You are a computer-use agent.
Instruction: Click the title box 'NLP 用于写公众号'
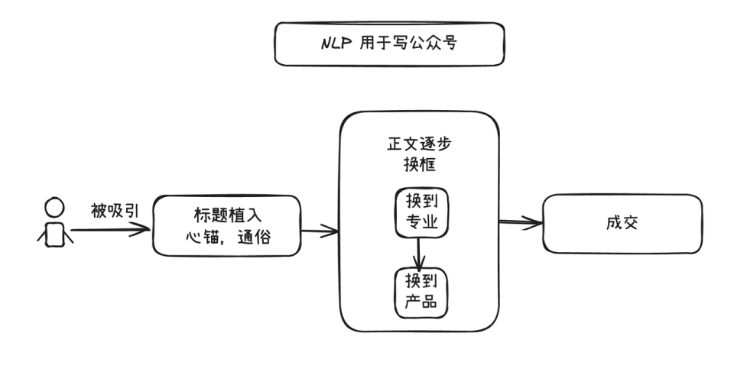click(x=389, y=44)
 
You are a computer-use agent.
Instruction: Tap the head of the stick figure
click(x=54, y=208)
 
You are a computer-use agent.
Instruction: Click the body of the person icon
click(x=54, y=235)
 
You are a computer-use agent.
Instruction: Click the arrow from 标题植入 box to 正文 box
click(x=321, y=228)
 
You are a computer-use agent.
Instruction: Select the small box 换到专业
click(x=421, y=212)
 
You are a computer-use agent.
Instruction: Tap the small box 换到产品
click(x=421, y=291)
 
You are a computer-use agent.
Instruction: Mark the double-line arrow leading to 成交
click(x=520, y=223)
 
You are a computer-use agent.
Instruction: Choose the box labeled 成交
click(x=622, y=224)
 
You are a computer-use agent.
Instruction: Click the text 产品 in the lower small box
click(x=421, y=302)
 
